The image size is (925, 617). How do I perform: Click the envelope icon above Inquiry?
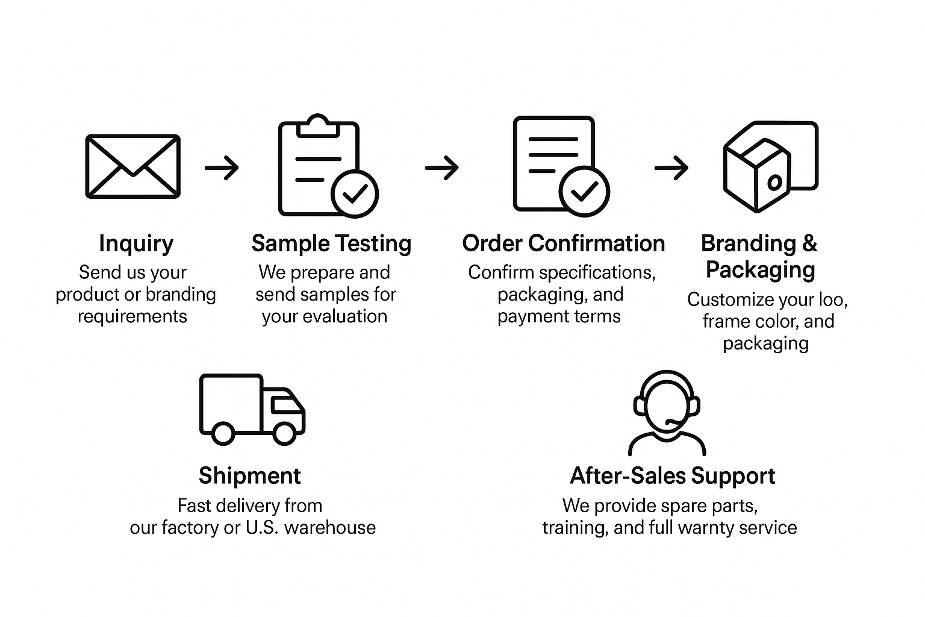132,166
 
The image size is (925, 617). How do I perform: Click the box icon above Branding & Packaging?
770,166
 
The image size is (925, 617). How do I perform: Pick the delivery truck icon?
252,409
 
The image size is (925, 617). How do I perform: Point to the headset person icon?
667,413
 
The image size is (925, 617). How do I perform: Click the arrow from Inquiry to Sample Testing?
222,167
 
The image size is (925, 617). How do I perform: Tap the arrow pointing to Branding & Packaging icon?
671,167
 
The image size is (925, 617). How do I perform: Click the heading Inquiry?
136,243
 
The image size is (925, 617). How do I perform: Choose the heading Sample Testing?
331,243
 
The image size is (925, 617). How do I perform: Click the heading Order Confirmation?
563,243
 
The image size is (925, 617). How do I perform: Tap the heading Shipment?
249,476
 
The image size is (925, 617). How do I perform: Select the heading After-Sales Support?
672,476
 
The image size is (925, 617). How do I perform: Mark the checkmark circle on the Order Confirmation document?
584,192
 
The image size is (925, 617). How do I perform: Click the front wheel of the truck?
283,433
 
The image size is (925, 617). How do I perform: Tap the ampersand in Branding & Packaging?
809,243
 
